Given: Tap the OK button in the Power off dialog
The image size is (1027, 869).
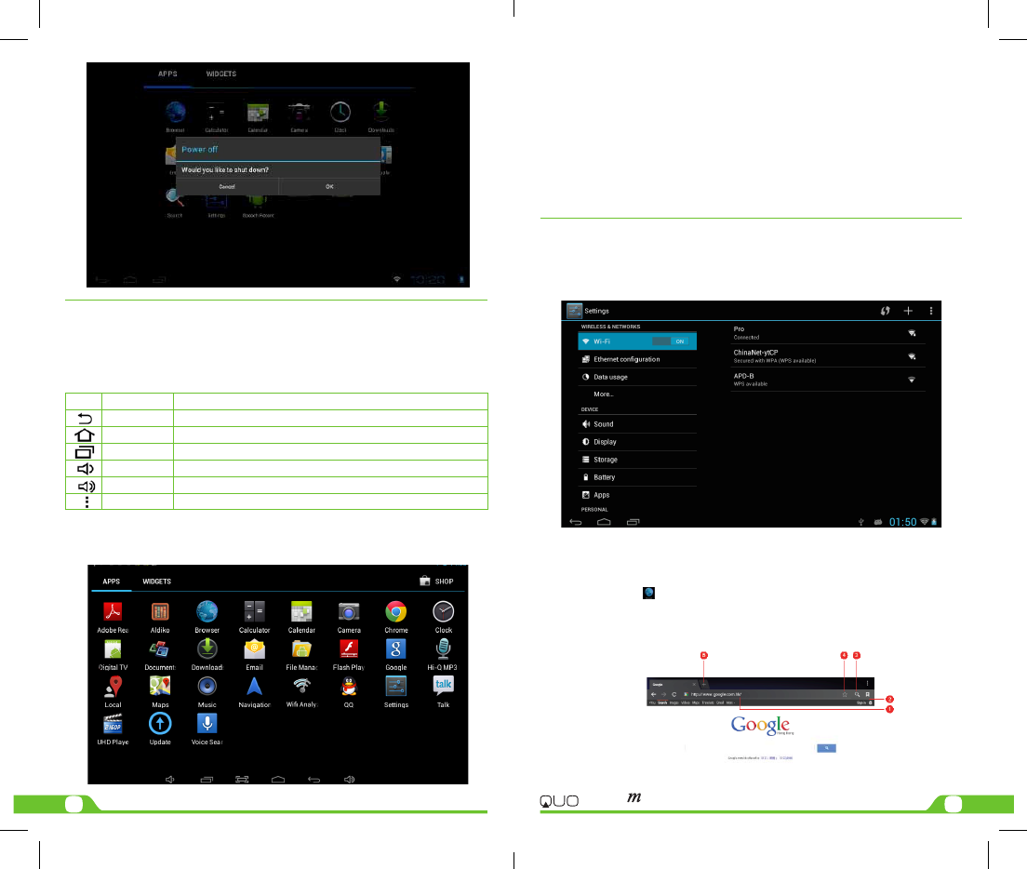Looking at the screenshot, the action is [329, 186].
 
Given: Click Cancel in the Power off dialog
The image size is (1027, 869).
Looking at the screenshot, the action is [227, 186].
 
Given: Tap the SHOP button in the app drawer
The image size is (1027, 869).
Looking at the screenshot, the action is [436, 582].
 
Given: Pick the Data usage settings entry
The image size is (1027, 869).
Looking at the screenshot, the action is [610, 377].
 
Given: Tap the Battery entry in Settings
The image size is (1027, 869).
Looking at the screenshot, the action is [604, 477].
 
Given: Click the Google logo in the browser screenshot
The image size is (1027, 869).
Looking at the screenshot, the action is [760, 725].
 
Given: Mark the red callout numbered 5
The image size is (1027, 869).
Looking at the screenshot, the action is [703, 656].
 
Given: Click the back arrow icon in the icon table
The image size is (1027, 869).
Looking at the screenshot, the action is [83, 420].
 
